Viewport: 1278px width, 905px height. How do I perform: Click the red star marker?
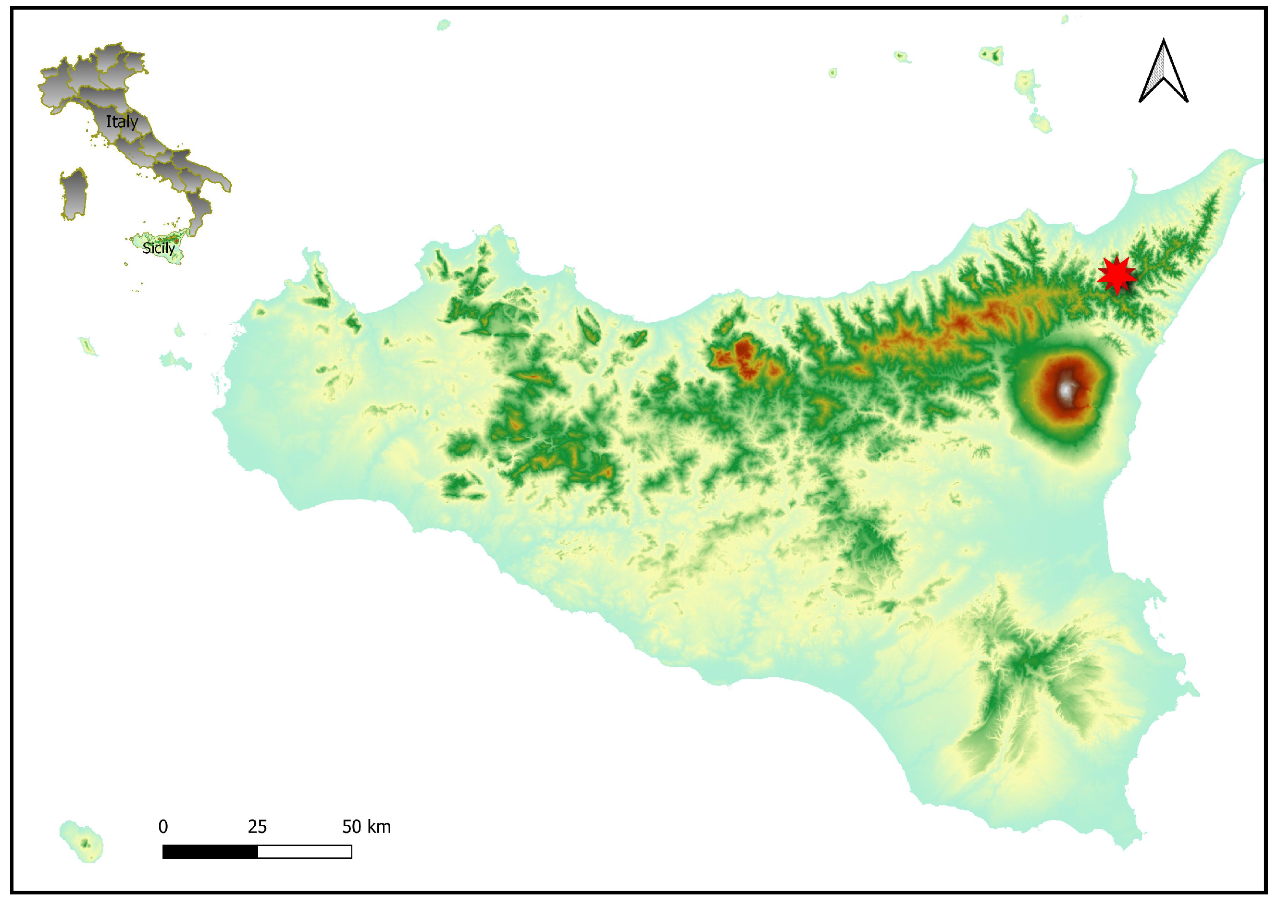coord(1117,275)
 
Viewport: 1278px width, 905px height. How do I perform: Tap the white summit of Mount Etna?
coord(1066,390)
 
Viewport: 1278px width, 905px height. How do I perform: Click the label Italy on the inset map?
coord(122,122)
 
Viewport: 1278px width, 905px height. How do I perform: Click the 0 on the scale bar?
coord(163,826)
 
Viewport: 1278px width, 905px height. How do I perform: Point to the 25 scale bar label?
coord(257,826)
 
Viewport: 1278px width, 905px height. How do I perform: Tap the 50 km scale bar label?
coord(366,826)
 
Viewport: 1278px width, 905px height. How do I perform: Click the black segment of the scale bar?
coord(210,852)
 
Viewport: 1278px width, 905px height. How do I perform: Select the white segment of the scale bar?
coord(304,852)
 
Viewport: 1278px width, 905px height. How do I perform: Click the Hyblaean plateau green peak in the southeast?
coord(1034,663)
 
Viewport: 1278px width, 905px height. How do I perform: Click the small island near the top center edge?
coord(443,24)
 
